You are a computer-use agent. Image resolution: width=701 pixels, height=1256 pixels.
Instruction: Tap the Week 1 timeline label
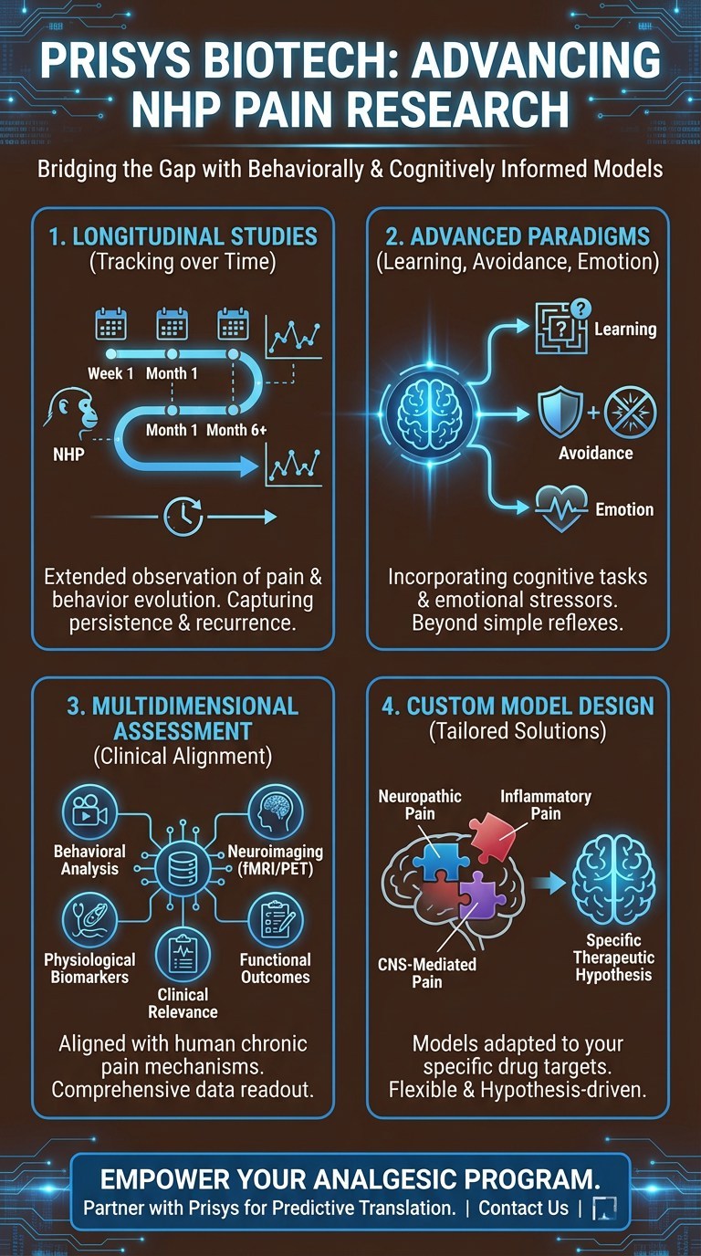click(x=110, y=372)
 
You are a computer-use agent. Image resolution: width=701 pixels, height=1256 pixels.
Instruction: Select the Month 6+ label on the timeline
click(x=237, y=430)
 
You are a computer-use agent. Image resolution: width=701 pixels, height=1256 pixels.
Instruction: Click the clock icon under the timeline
click(x=183, y=517)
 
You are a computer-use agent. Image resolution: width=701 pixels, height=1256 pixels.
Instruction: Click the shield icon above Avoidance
click(x=559, y=412)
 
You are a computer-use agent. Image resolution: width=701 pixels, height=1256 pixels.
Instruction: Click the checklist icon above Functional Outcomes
click(x=275, y=920)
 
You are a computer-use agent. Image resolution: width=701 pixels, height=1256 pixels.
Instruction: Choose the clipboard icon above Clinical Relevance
click(x=183, y=956)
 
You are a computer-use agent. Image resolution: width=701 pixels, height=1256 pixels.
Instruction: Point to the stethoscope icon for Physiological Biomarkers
click(x=89, y=919)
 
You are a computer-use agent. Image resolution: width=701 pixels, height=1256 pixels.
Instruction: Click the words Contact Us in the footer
click(x=523, y=1208)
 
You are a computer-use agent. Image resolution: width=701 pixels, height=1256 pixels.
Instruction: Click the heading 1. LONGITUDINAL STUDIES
click(x=183, y=236)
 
